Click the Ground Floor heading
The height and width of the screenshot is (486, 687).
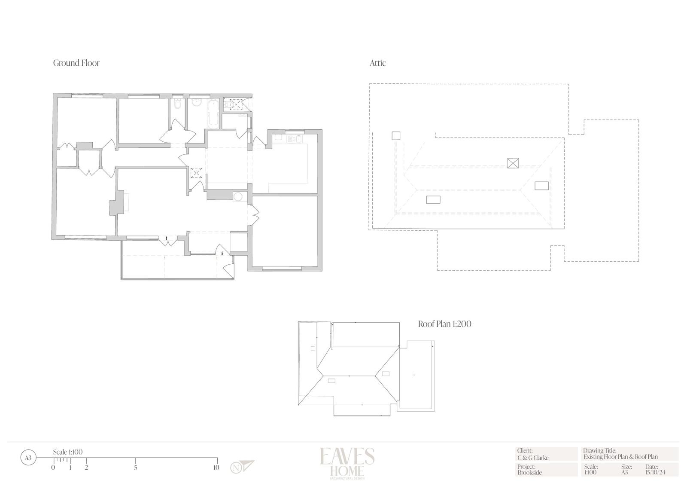(x=76, y=63)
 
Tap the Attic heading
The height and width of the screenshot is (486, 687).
(x=377, y=63)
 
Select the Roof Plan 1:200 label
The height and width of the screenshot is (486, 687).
(x=445, y=324)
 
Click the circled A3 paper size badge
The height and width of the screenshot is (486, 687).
(x=28, y=458)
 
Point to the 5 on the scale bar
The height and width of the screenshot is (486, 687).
(x=136, y=468)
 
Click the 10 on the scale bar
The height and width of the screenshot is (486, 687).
(x=216, y=467)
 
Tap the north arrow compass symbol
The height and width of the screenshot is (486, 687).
(x=242, y=467)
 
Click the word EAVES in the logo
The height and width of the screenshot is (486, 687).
(x=347, y=456)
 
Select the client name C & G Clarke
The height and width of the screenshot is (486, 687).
(x=533, y=458)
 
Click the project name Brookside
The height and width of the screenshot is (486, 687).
(x=530, y=473)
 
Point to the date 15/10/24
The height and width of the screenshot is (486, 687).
(x=655, y=473)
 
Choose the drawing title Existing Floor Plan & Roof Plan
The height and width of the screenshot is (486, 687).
(x=620, y=457)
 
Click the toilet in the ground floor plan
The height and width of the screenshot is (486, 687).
(x=177, y=104)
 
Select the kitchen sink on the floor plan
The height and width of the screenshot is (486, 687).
(x=294, y=139)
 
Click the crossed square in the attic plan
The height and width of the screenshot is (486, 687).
(x=513, y=163)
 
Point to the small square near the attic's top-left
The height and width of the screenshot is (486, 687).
(x=396, y=136)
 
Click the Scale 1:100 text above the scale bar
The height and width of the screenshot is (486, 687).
(x=68, y=452)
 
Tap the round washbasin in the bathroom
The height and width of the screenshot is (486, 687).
(x=197, y=103)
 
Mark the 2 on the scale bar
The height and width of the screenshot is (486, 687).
(x=86, y=468)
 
